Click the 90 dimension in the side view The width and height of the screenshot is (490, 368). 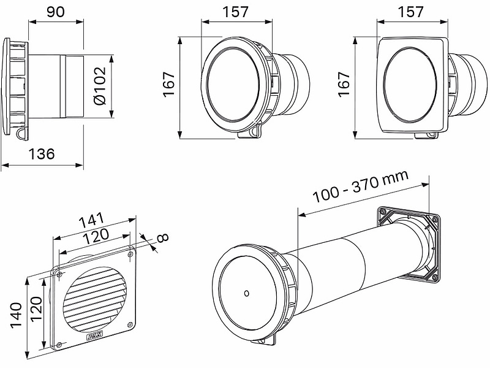(55, 12)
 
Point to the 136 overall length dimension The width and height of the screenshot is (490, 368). (42, 154)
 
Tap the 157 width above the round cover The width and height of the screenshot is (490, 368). (235, 12)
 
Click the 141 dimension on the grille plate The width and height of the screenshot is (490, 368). (91, 220)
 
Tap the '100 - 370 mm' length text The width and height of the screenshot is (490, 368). (360, 186)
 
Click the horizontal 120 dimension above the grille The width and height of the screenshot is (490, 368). (96, 235)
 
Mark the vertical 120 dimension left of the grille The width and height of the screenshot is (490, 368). (36, 314)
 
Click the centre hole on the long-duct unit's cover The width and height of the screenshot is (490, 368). (246, 293)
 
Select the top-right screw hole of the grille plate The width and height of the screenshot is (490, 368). (131, 252)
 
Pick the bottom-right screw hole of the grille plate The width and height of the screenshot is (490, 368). (129, 324)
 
